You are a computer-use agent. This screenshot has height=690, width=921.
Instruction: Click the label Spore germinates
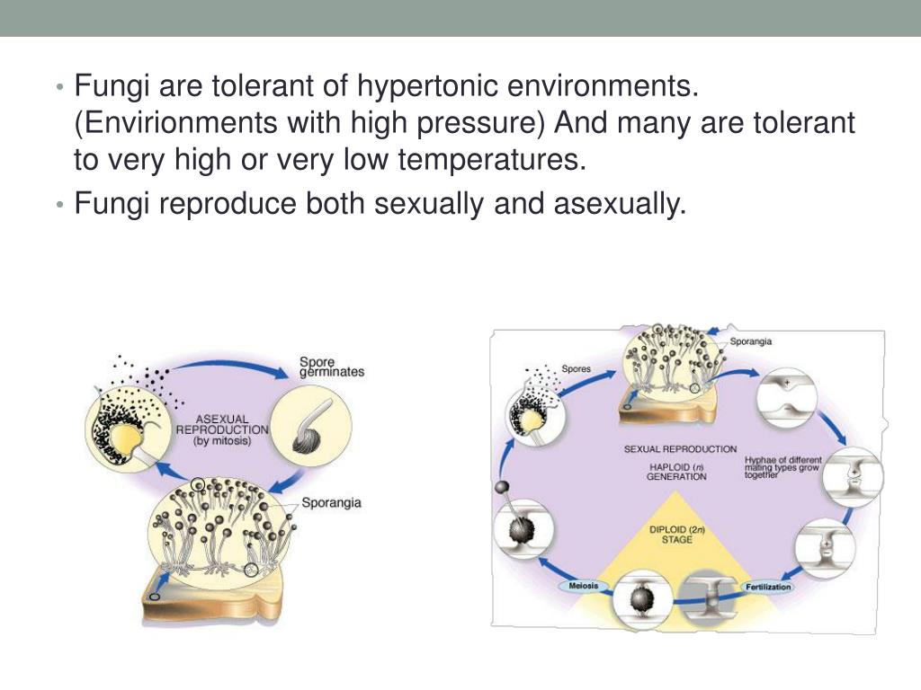tap(332, 368)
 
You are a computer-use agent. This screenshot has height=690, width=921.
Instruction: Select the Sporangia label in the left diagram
tap(332, 503)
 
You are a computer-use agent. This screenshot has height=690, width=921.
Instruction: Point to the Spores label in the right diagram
tap(577, 367)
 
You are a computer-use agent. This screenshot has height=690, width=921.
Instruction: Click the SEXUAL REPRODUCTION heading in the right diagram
tap(680, 448)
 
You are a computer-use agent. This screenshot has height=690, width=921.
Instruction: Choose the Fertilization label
tap(768, 587)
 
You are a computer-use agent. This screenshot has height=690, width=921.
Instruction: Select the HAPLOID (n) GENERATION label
tap(676, 472)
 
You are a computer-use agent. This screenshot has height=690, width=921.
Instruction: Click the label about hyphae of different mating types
tap(782, 467)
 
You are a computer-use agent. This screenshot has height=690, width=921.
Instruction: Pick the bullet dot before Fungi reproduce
tap(59, 205)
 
